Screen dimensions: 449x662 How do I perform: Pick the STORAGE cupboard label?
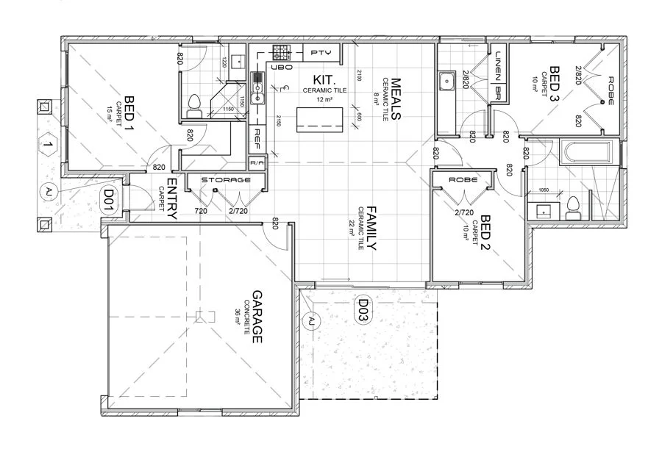tap(226, 179)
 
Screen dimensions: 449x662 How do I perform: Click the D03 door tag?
tap(363, 310)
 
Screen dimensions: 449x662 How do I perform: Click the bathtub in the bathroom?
tap(585, 153)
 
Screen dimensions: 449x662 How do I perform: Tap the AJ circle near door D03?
tap(311, 320)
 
